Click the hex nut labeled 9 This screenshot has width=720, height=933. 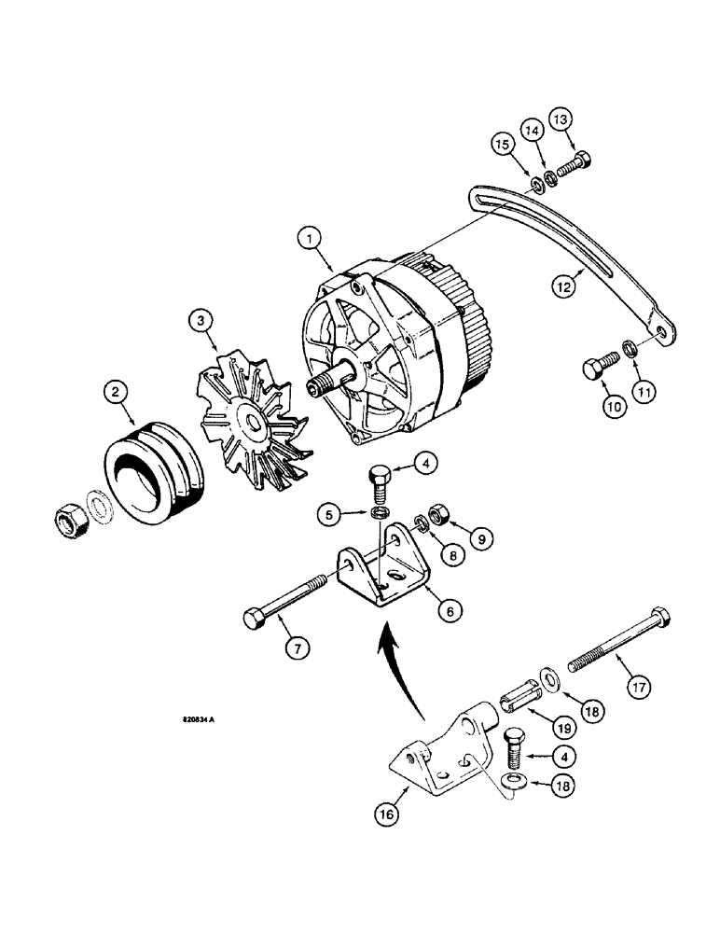436,516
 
